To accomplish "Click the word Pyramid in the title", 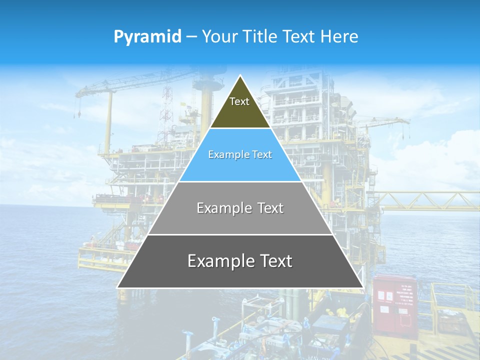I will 147,37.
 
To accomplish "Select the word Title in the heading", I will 261,37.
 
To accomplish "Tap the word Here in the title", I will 339,37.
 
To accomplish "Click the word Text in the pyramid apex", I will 239,101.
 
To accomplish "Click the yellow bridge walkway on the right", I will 430,200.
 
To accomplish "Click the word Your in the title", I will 219,37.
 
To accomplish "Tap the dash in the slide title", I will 191,37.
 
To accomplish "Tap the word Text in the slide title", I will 300,37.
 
